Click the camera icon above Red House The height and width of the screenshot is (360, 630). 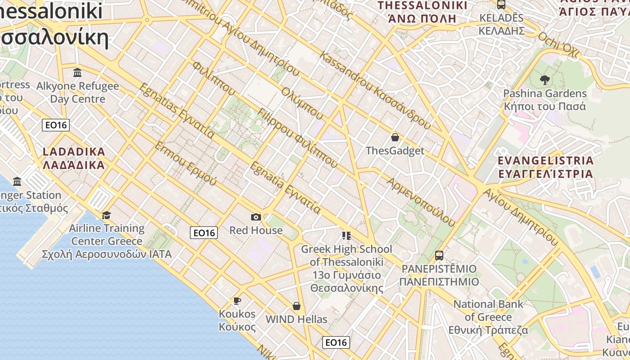pyautogui.click(x=256, y=217)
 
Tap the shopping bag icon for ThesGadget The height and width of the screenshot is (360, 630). pyautogui.click(x=395, y=137)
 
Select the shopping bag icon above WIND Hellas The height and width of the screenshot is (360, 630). pyautogui.click(x=297, y=306)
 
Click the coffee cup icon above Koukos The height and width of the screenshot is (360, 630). pyautogui.click(x=237, y=301)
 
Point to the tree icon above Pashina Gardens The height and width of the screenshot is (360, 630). pyautogui.click(x=545, y=80)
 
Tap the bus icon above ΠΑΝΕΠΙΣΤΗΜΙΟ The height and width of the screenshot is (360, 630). pyautogui.click(x=439, y=256)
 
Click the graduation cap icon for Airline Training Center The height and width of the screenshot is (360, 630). pyautogui.click(x=107, y=215)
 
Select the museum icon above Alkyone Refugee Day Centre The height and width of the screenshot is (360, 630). pyautogui.click(x=77, y=72)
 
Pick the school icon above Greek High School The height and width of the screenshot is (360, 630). pyautogui.click(x=346, y=235)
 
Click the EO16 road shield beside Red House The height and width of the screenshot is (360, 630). pyautogui.click(x=204, y=233)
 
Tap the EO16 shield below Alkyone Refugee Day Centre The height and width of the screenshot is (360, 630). pyautogui.click(x=56, y=125)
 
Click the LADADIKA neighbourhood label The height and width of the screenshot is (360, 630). pyautogui.click(x=74, y=158)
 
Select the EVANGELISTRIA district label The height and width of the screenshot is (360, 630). pyautogui.click(x=545, y=167)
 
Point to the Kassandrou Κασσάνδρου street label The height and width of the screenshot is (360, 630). pyautogui.click(x=375, y=90)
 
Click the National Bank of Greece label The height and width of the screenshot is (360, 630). pyautogui.click(x=488, y=310)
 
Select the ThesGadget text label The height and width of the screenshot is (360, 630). pyautogui.click(x=395, y=151)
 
